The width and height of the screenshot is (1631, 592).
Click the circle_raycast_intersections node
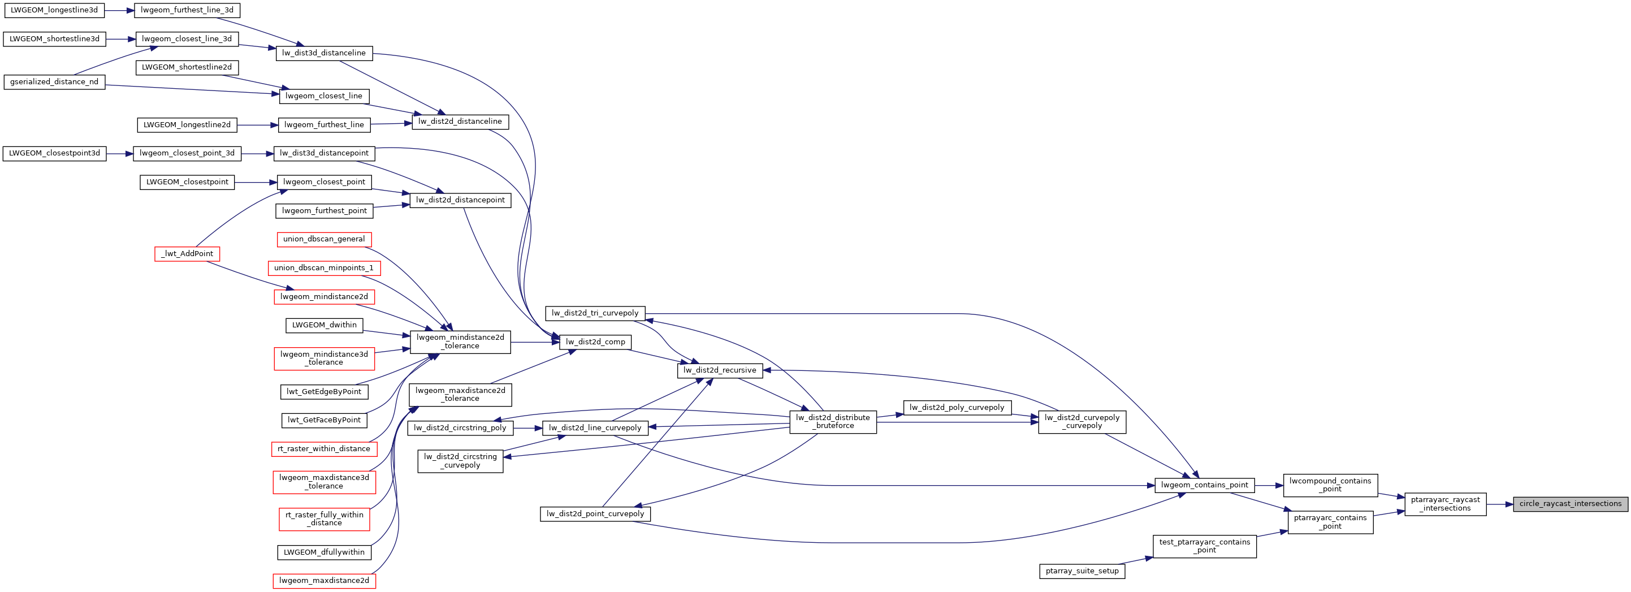point(1569,504)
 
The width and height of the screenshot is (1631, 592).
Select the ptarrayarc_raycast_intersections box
point(1445,504)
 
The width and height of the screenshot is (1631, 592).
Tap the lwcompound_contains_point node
point(1330,485)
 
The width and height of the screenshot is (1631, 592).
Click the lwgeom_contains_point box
point(1204,485)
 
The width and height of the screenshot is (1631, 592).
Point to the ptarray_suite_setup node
point(1081,571)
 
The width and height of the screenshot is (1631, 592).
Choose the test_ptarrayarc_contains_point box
point(1204,546)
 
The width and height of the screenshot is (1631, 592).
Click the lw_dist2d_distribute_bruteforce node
point(833,422)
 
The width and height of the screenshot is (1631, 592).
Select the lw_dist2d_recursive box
point(719,370)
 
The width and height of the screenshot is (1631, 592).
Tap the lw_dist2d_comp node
point(595,342)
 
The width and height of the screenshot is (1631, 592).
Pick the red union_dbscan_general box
point(323,239)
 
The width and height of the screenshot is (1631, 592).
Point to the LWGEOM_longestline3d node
point(54,10)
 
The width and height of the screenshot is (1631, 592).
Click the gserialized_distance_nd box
point(54,81)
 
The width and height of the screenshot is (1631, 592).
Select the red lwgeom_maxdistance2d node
point(323,581)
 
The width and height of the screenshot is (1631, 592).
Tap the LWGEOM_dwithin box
point(324,325)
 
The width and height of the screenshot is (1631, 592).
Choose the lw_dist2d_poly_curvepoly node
point(956,408)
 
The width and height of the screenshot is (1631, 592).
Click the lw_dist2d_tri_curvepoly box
point(595,313)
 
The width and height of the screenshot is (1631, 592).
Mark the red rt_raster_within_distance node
point(323,449)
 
